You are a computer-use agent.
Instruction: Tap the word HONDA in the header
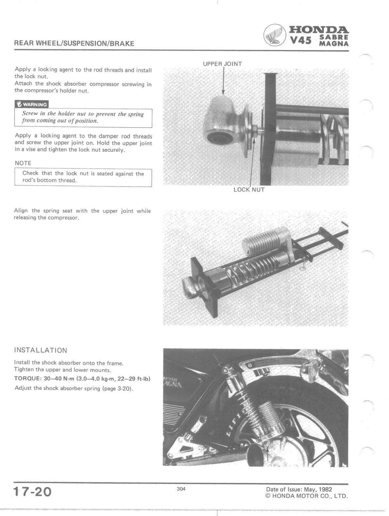pos(319,30)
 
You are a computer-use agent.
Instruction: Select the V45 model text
pos(301,41)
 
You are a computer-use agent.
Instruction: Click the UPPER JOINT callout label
pos(222,64)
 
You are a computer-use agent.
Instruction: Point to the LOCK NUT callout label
pos(249,190)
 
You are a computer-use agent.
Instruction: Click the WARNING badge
pos(31,104)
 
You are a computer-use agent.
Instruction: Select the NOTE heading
pos(23,163)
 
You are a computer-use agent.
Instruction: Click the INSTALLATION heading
pos(41,350)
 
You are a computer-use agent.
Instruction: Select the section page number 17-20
pos(33,492)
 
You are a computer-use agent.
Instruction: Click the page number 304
pos(181,489)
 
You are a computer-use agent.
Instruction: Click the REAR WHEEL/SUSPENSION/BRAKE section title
pos(74,44)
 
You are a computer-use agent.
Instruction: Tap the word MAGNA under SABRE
pos(334,44)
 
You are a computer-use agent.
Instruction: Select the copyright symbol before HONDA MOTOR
pos(269,496)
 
